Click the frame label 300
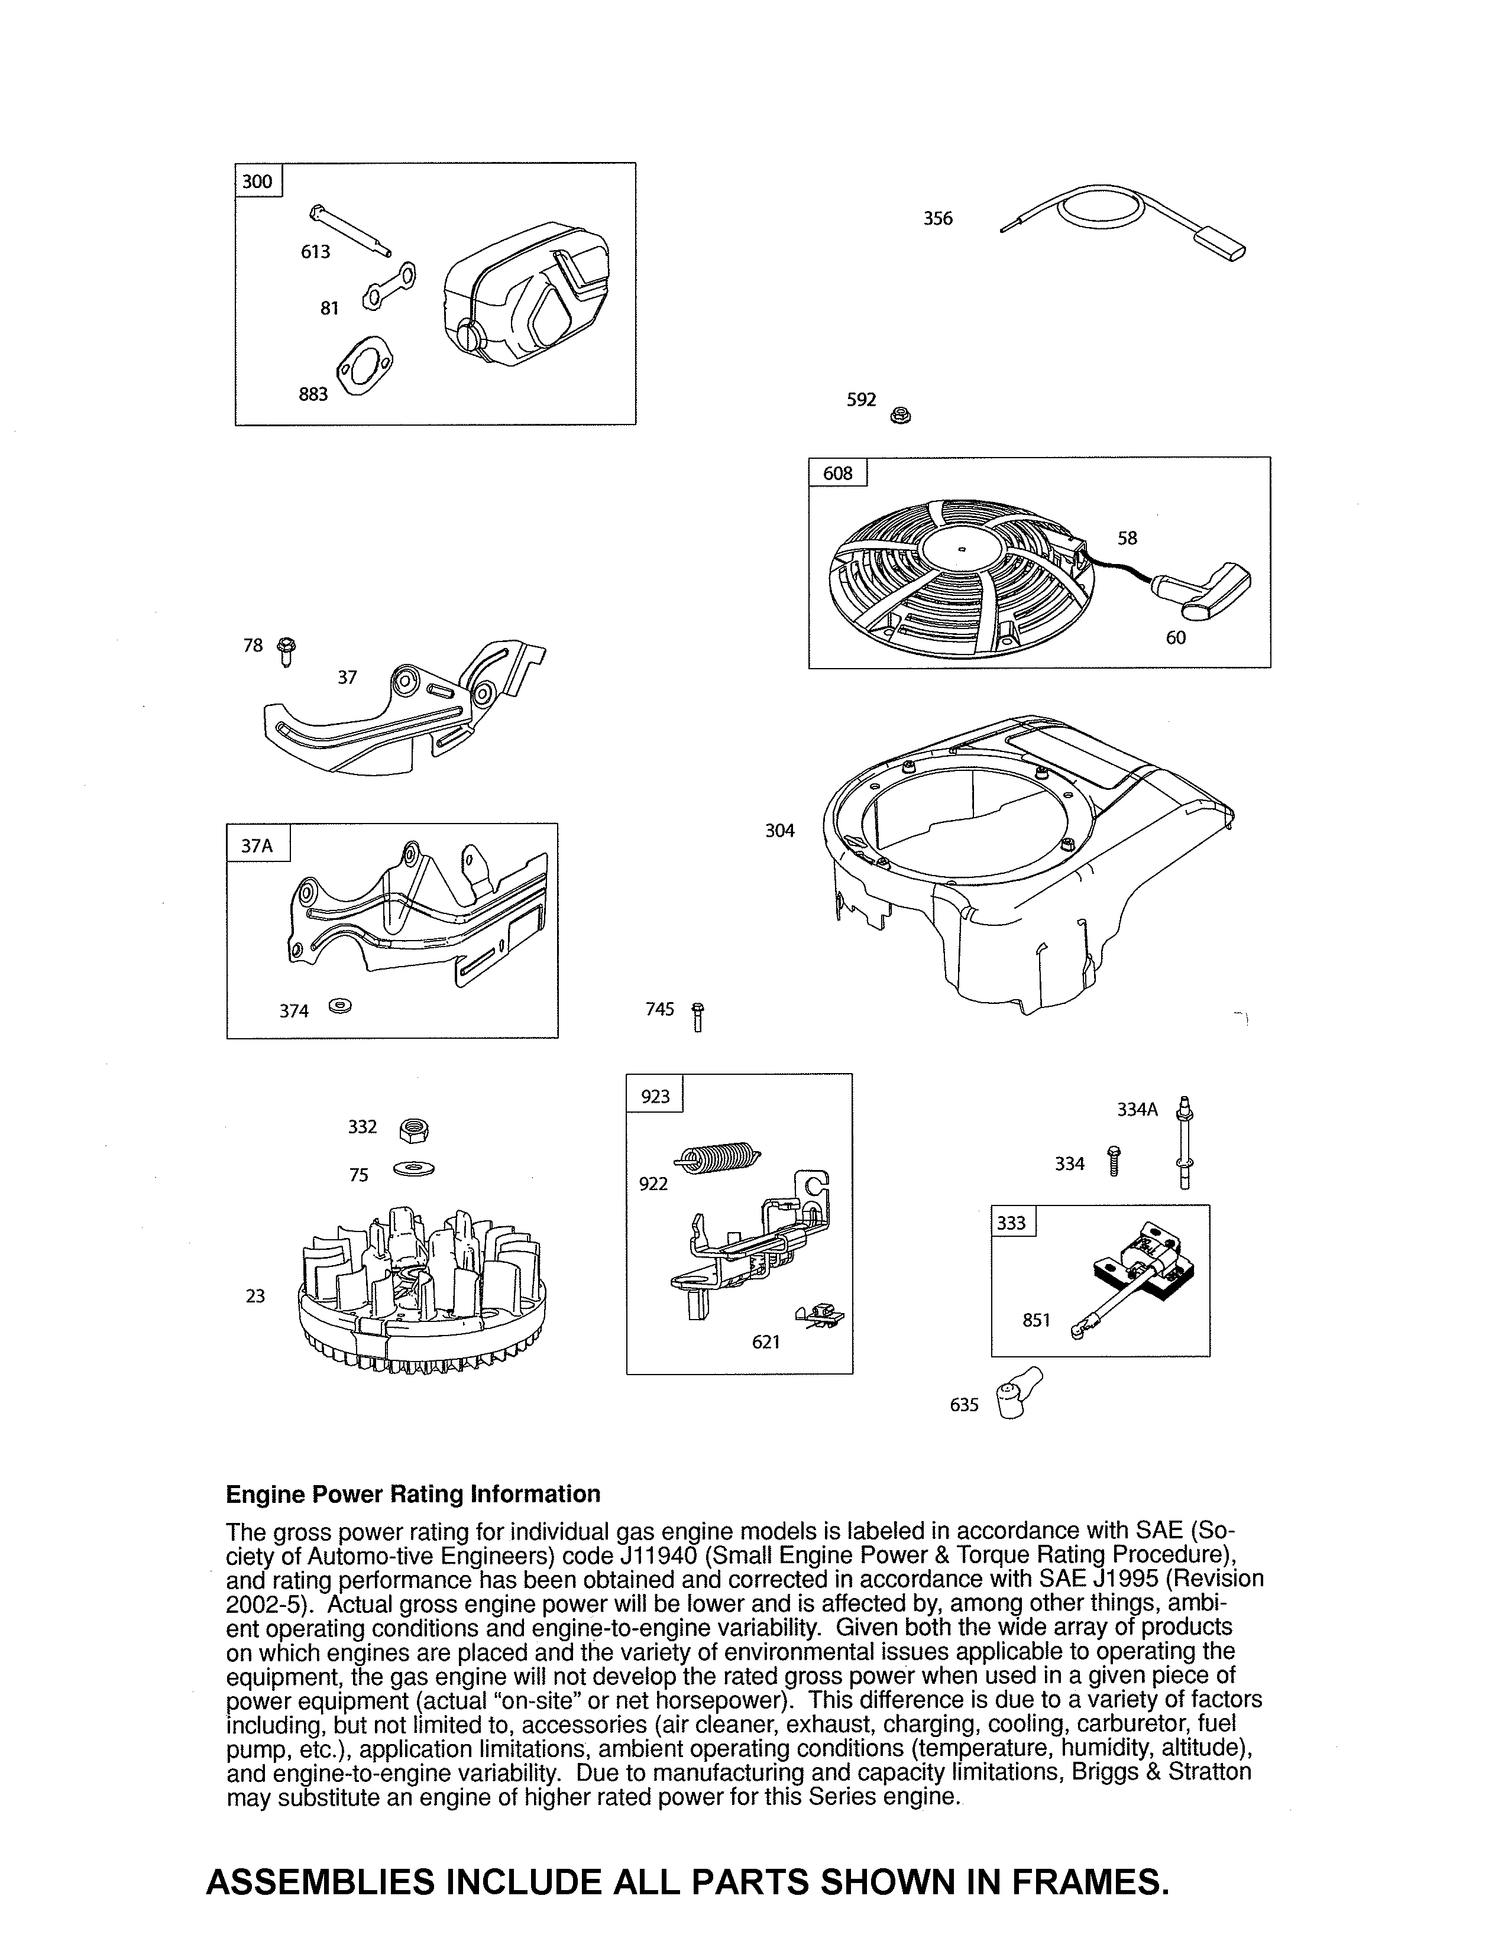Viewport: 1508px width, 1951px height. pos(257,182)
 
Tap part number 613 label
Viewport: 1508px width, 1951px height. pos(315,252)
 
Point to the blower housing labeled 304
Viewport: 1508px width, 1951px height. pos(1027,858)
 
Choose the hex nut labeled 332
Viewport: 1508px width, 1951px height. pos(413,1130)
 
